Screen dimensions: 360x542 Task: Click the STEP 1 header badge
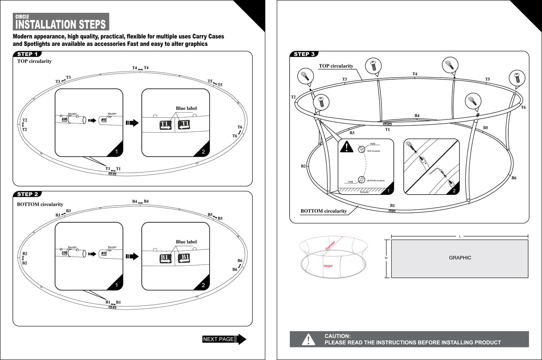coord(27,54)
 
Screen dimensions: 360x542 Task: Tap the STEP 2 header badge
coord(27,194)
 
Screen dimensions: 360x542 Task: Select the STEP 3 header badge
coord(304,54)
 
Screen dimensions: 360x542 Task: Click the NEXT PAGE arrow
coord(224,339)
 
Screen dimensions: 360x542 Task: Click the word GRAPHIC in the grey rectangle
coord(460,258)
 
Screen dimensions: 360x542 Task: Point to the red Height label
coord(328,266)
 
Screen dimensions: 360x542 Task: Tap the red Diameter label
coord(330,246)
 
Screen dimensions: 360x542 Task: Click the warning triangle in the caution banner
coord(308,339)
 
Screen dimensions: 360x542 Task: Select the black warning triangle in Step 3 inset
coord(346,147)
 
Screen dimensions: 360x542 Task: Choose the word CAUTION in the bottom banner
coord(337,336)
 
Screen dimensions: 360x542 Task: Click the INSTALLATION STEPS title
coord(60,25)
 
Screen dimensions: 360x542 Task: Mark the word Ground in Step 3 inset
coord(364,192)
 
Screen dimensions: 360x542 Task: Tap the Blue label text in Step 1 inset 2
coord(186,108)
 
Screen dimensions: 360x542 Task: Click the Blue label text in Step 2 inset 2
coord(186,242)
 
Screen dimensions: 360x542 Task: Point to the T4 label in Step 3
coord(414,74)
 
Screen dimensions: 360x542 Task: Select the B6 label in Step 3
coord(514,178)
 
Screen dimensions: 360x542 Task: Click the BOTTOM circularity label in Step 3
coord(323,211)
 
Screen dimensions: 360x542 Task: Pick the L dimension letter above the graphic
coord(460,236)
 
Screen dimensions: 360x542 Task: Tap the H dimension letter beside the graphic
coord(386,258)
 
